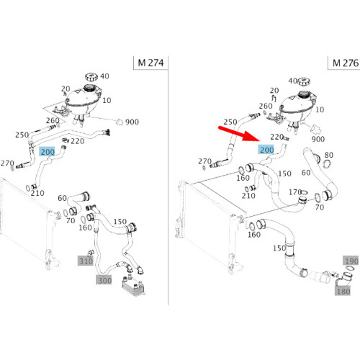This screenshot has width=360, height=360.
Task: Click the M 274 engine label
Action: coord(150,63)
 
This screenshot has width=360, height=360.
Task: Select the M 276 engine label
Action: coord(346,63)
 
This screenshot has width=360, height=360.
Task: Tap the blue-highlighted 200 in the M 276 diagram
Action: coord(266,150)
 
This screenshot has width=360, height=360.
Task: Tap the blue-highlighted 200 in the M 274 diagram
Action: coord(48,152)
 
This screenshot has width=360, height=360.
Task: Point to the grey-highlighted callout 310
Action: coord(86,261)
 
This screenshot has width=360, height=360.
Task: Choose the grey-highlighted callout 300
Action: coord(104,280)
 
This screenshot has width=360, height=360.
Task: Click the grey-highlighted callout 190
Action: coord(351,261)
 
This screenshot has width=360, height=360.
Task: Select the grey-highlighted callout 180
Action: coord(343,291)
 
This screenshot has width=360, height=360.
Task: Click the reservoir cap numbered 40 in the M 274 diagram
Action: coord(91,77)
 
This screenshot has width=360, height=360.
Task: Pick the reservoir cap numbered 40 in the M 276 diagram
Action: coord(304,81)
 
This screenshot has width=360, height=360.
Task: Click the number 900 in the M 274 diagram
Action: coord(132,122)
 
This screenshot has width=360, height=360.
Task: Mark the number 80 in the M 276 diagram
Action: coord(328,155)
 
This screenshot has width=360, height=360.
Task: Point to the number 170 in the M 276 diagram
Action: coord(295,192)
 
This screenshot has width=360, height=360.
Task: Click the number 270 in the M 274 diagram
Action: coord(7,163)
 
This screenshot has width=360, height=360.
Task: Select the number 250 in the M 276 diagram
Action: coord(230,122)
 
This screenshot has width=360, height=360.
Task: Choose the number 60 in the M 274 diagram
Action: coord(62,198)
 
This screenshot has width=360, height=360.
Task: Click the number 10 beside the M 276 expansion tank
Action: coord(320,109)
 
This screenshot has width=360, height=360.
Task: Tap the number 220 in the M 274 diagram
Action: coord(77,141)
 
